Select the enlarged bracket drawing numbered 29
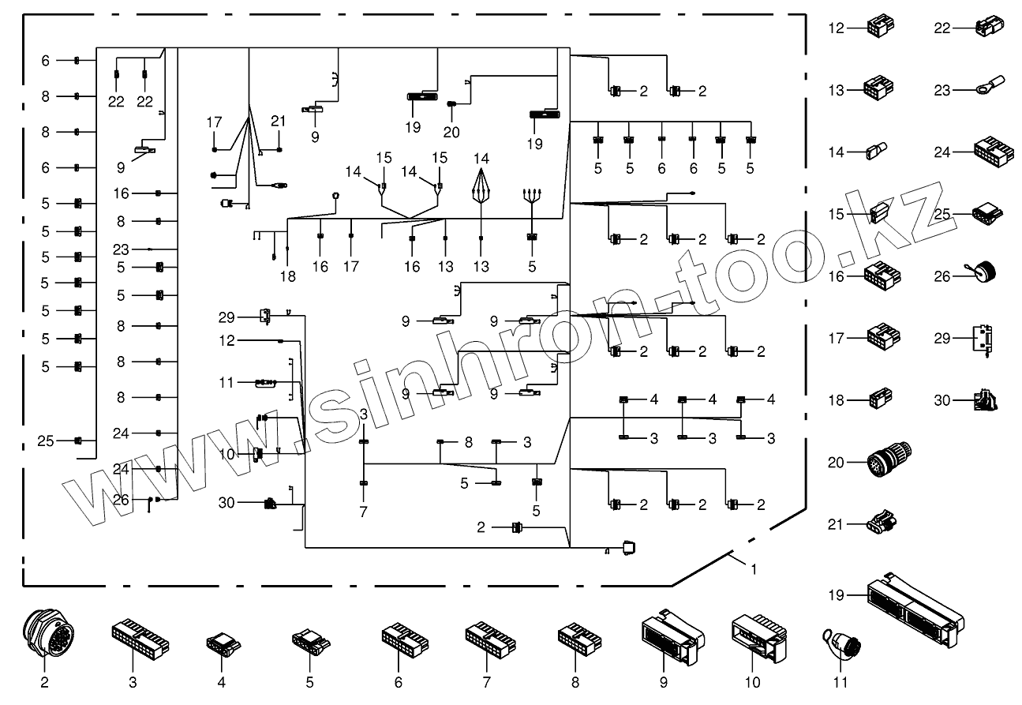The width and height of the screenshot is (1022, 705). pos(983,339)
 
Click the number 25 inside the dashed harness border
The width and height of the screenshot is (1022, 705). pos(46,441)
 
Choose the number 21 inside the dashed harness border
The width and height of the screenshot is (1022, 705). pos(278,121)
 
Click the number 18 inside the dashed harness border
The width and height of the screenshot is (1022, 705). pos(287,276)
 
